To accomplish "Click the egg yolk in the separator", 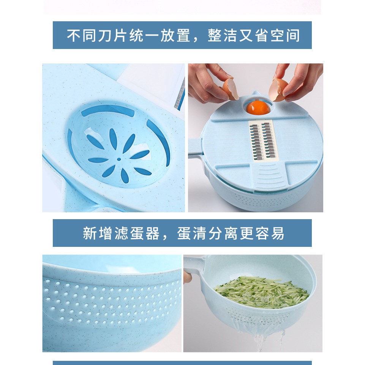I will (x=255, y=107).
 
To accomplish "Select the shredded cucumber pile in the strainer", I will (x=262, y=292).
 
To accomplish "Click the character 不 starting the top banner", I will (x=73, y=35).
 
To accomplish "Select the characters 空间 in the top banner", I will (x=285, y=35).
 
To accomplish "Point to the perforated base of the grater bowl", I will (x=262, y=198).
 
